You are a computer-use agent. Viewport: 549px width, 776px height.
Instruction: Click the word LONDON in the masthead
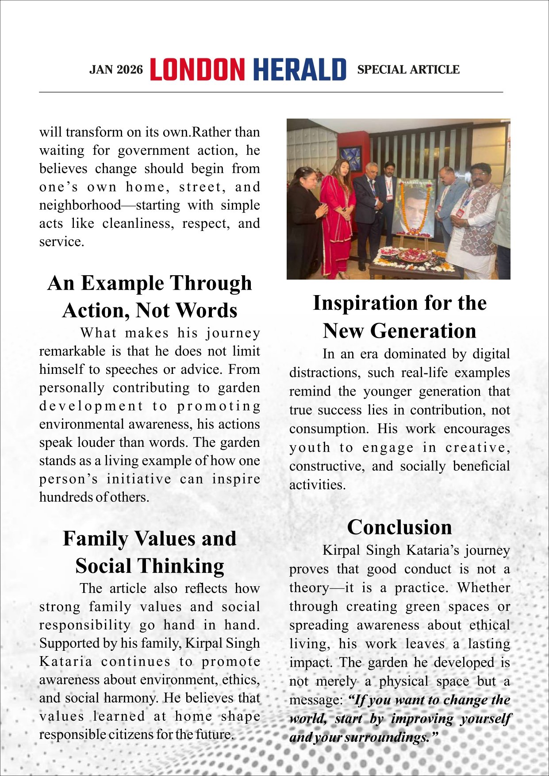[x=197, y=70]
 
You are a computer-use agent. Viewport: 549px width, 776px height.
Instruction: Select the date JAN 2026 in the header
[x=116, y=70]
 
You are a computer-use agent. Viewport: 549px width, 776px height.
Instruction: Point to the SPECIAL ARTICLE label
[x=408, y=70]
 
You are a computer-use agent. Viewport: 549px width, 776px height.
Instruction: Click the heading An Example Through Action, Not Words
[x=150, y=296]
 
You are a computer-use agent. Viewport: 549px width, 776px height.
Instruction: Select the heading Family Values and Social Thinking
[x=150, y=552]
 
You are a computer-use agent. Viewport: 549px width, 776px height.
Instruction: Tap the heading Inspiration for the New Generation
[x=399, y=317]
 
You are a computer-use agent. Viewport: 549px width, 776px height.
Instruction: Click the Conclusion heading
[x=399, y=527]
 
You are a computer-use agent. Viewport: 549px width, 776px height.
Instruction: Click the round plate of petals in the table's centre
[x=414, y=256]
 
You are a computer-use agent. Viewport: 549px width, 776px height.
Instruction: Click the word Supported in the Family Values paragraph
[x=65, y=643]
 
